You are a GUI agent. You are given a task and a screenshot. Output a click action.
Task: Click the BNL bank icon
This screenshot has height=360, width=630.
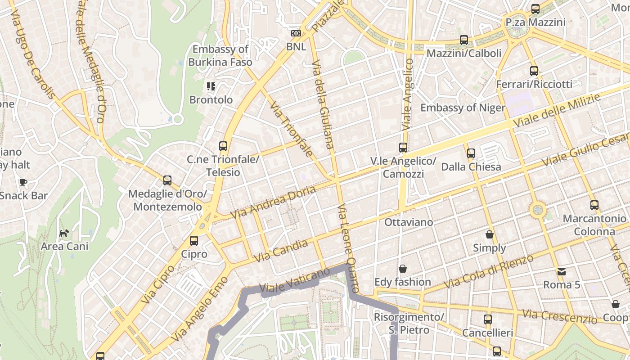(296, 33)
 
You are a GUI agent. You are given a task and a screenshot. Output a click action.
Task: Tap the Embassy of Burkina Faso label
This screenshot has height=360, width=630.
(220, 56)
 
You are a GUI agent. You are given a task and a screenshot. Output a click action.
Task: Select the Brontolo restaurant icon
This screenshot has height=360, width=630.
(211, 86)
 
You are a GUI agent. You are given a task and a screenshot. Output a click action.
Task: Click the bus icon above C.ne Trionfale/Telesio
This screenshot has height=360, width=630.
(223, 146)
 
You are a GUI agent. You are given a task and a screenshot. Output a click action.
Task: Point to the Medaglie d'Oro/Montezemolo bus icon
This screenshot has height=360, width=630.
(167, 180)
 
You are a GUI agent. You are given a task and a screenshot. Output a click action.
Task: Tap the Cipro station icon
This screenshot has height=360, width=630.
(194, 241)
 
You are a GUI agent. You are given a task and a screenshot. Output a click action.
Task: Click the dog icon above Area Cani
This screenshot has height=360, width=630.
(64, 233)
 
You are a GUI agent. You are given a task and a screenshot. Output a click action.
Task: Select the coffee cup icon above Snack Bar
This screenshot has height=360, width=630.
(23, 182)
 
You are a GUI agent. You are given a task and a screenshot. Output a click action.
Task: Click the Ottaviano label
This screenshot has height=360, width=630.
(409, 222)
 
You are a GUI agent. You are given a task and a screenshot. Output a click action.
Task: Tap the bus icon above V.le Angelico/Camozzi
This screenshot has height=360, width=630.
(403, 148)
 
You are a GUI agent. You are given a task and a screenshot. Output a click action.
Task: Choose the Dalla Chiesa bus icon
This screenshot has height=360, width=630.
(471, 153)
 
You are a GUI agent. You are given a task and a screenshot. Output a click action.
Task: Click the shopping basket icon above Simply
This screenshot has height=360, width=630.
(490, 234)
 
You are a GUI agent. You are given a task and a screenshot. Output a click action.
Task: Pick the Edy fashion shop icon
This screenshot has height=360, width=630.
(403, 269)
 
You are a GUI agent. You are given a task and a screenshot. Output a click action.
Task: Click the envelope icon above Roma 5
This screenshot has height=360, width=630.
(562, 271)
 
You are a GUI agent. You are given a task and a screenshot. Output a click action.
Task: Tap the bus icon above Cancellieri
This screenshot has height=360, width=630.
(488, 320)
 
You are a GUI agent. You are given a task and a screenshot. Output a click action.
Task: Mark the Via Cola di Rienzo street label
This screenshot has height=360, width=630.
(488, 272)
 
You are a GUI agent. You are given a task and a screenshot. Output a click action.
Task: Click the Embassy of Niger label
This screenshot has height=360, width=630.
(463, 108)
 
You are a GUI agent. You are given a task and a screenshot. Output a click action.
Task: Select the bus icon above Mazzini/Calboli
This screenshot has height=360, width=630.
(464, 40)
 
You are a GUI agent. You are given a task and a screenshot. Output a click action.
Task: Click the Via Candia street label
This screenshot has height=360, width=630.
(281, 251)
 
